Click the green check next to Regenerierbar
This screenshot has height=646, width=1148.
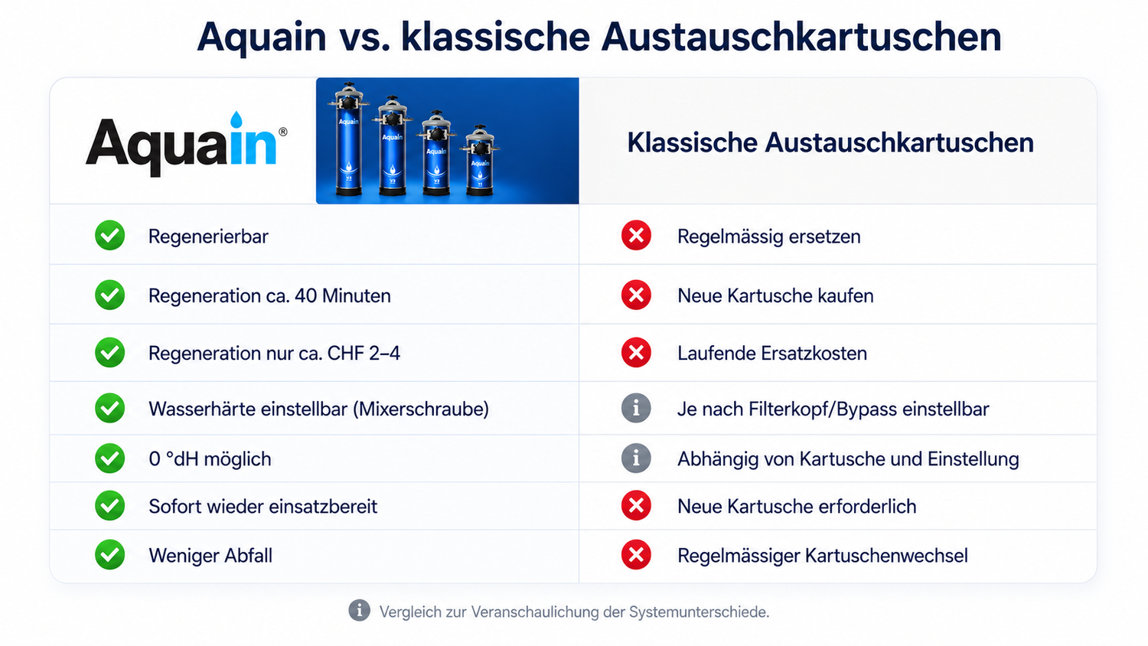(x=109, y=235)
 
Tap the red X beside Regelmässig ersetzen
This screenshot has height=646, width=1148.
(x=636, y=235)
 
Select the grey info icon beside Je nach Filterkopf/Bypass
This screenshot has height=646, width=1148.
(x=636, y=408)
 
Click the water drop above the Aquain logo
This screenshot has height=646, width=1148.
(x=236, y=119)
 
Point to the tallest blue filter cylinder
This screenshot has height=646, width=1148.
(x=348, y=140)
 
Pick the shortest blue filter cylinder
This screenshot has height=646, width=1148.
(x=480, y=161)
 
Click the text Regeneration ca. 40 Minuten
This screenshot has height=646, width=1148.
(x=269, y=295)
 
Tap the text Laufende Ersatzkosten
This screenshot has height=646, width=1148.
(x=771, y=354)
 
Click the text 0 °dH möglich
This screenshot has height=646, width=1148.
(x=210, y=459)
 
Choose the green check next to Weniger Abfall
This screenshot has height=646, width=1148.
(x=109, y=555)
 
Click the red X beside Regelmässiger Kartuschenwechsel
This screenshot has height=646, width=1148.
(x=636, y=555)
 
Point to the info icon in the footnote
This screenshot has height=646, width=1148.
(x=359, y=610)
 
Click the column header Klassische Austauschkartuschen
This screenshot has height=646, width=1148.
(x=830, y=142)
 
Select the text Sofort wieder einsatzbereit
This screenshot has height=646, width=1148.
(x=263, y=507)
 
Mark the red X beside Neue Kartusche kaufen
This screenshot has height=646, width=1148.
(x=636, y=295)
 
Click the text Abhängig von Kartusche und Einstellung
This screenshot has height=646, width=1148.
(x=848, y=459)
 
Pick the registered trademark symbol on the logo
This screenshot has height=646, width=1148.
(x=283, y=132)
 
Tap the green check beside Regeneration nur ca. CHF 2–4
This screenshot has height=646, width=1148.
(x=109, y=352)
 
